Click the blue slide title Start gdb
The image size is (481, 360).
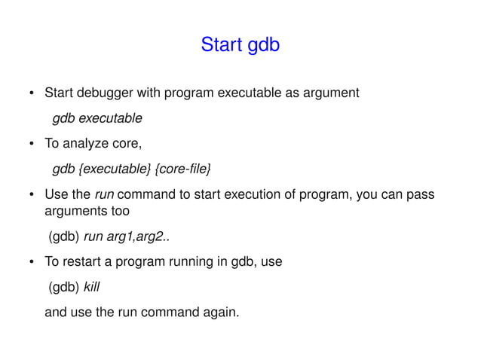[x=240, y=46]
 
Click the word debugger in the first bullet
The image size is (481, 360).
[x=105, y=94]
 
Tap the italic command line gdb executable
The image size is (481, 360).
[x=97, y=118]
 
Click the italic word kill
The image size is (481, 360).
[x=92, y=286]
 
